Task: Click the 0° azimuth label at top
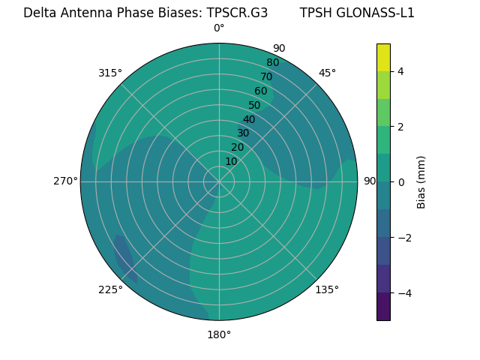(x=219, y=28)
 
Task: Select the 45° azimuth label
(x=327, y=73)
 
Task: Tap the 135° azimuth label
(x=327, y=289)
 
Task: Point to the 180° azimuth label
(x=219, y=334)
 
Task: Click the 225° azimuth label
(x=110, y=290)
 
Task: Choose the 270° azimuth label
(x=65, y=181)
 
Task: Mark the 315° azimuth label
(x=110, y=73)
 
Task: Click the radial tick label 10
(x=231, y=162)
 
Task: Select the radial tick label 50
(x=255, y=105)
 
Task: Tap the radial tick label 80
(x=273, y=62)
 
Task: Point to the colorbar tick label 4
(x=401, y=71)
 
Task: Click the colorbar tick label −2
(x=404, y=238)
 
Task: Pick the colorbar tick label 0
(x=401, y=182)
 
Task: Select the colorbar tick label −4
(x=404, y=293)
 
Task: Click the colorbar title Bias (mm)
(x=421, y=182)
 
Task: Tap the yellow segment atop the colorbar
(x=383, y=57)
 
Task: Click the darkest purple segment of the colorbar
(x=383, y=307)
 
